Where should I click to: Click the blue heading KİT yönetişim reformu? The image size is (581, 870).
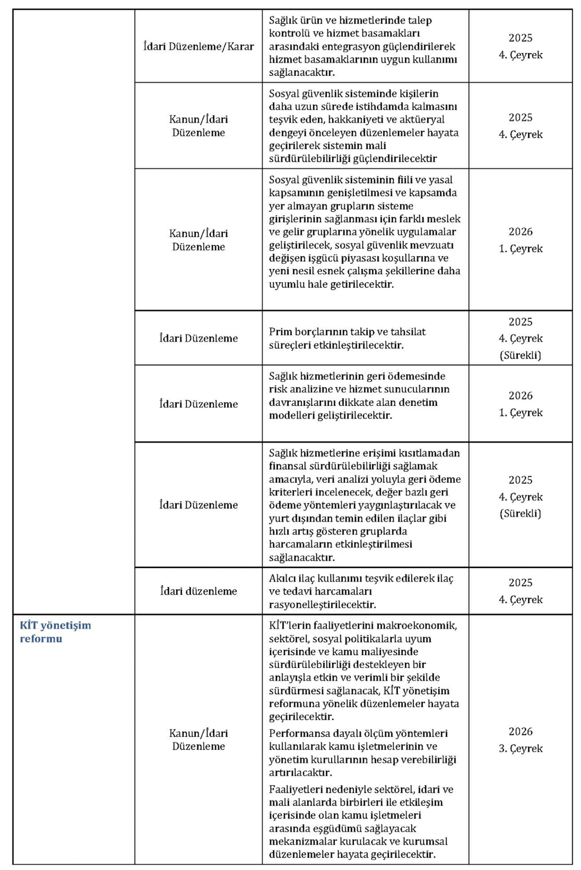(x=55, y=632)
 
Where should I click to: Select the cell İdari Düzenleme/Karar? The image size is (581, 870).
(x=198, y=46)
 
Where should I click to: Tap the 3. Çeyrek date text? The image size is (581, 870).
(x=520, y=748)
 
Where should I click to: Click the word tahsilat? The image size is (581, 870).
(x=406, y=332)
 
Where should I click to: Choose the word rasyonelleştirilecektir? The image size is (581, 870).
(x=322, y=605)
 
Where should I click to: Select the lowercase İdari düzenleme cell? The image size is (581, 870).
(x=198, y=591)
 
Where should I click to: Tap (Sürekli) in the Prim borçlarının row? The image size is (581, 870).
(x=520, y=355)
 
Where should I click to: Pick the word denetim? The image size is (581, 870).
(x=419, y=402)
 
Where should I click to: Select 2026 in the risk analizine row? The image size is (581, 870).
(x=520, y=396)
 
